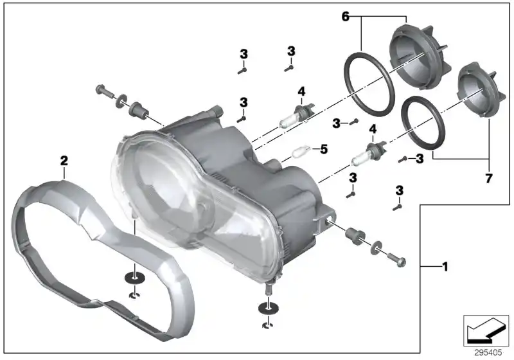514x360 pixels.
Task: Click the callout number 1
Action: click(x=445, y=267)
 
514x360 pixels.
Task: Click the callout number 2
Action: click(x=64, y=161)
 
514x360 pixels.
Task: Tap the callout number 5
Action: click(x=324, y=149)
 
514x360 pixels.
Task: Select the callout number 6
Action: click(x=346, y=17)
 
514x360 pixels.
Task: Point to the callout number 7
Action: click(x=488, y=179)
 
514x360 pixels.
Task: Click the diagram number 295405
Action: click(x=488, y=352)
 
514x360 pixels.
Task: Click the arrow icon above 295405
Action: click(x=486, y=330)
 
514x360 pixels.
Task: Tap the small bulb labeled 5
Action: click(x=300, y=152)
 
